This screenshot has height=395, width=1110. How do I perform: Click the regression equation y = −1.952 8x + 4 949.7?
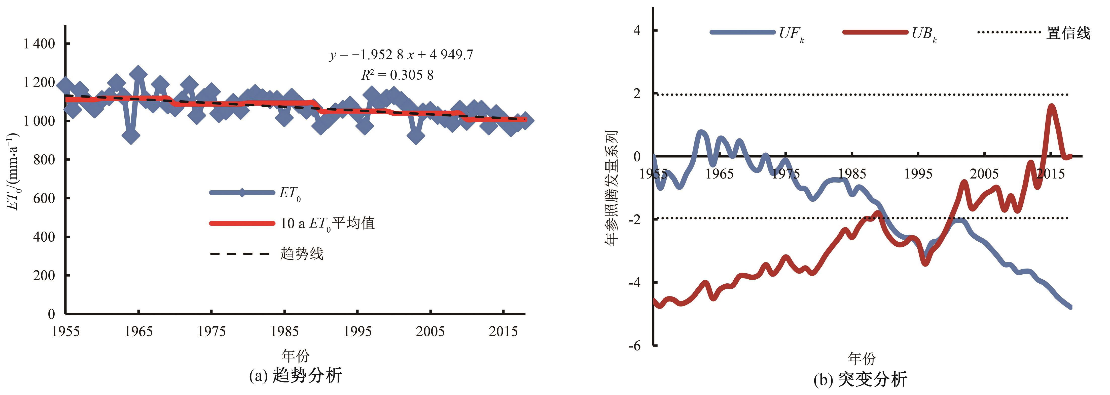click(x=401, y=55)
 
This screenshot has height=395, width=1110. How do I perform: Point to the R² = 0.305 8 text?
click(x=397, y=75)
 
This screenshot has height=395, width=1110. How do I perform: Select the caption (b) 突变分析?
click(x=861, y=379)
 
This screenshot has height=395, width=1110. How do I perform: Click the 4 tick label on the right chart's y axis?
click(x=637, y=31)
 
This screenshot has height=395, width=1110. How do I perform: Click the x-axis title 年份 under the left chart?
click(x=296, y=356)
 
